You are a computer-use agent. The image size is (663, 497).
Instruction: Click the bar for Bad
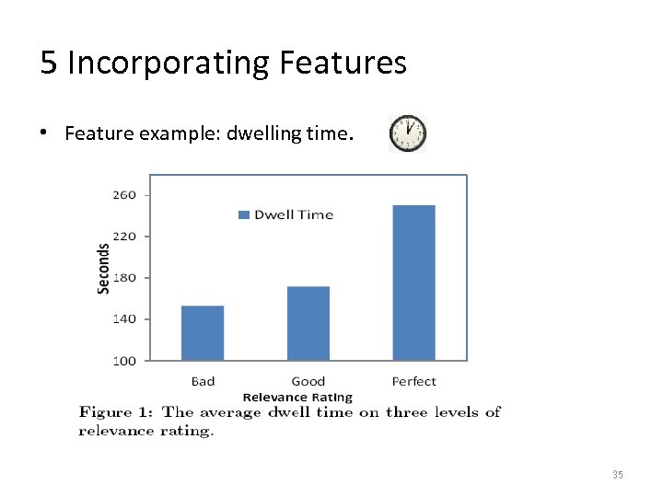[x=203, y=332]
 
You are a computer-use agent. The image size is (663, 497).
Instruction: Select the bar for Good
[x=308, y=323]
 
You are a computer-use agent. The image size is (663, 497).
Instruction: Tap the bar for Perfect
[x=413, y=282]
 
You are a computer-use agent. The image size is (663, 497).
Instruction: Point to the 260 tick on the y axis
[x=124, y=195]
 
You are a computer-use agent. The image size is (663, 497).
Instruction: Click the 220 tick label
[x=124, y=237]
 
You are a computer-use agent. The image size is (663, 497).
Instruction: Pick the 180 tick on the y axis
[x=124, y=278]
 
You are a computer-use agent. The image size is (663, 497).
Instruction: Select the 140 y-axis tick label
[x=124, y=319]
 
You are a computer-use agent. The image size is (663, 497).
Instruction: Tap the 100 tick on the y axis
[x=124, y=361]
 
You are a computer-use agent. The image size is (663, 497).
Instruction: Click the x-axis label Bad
[x=203, y=381]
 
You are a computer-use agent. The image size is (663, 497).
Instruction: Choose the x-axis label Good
[x=308, y=381]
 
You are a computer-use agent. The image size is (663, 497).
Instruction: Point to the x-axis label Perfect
[x=413, y=381]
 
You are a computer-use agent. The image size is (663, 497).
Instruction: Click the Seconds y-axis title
[x=103, y=268]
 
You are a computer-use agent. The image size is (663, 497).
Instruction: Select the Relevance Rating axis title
[x=297, y=398]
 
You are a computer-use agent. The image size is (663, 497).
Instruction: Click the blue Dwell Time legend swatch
[x=244, y=215]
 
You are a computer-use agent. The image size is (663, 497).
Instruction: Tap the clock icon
[x=408, y=133]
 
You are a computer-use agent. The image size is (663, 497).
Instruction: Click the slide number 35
[x=617, y=475]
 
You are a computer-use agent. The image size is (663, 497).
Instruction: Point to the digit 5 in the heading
[x=49, y=63]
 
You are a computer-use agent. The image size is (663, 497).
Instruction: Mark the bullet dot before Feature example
[x=44, y=134]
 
